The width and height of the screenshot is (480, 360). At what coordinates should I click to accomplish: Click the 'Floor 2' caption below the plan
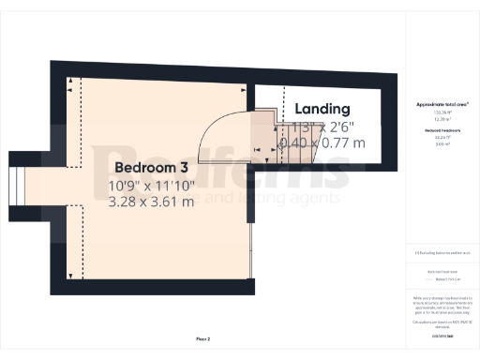tap(202, 337)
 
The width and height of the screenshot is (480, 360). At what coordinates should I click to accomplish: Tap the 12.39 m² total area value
tap(442, 119)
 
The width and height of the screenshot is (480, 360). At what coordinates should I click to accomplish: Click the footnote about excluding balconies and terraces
tap(442, 253)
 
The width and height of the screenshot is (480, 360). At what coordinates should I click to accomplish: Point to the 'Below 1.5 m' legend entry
tap(443, 279)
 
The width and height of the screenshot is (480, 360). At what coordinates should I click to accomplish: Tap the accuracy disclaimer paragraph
tap(442, 304)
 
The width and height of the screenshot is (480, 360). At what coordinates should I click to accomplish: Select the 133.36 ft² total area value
tap(442, 112)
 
